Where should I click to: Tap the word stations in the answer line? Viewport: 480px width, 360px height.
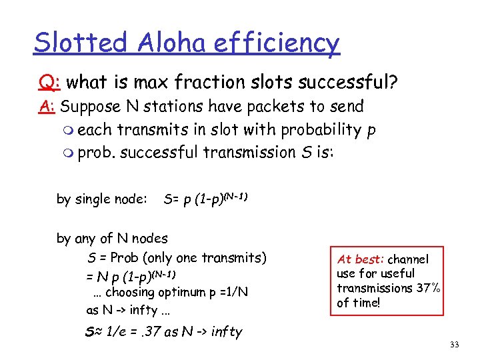(177, 107)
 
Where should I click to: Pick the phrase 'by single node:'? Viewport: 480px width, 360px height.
(101, 199)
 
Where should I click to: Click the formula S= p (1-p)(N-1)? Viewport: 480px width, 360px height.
(205, 199)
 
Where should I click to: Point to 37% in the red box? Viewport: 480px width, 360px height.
(421, 288)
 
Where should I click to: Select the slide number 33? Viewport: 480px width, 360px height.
(455, 345)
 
